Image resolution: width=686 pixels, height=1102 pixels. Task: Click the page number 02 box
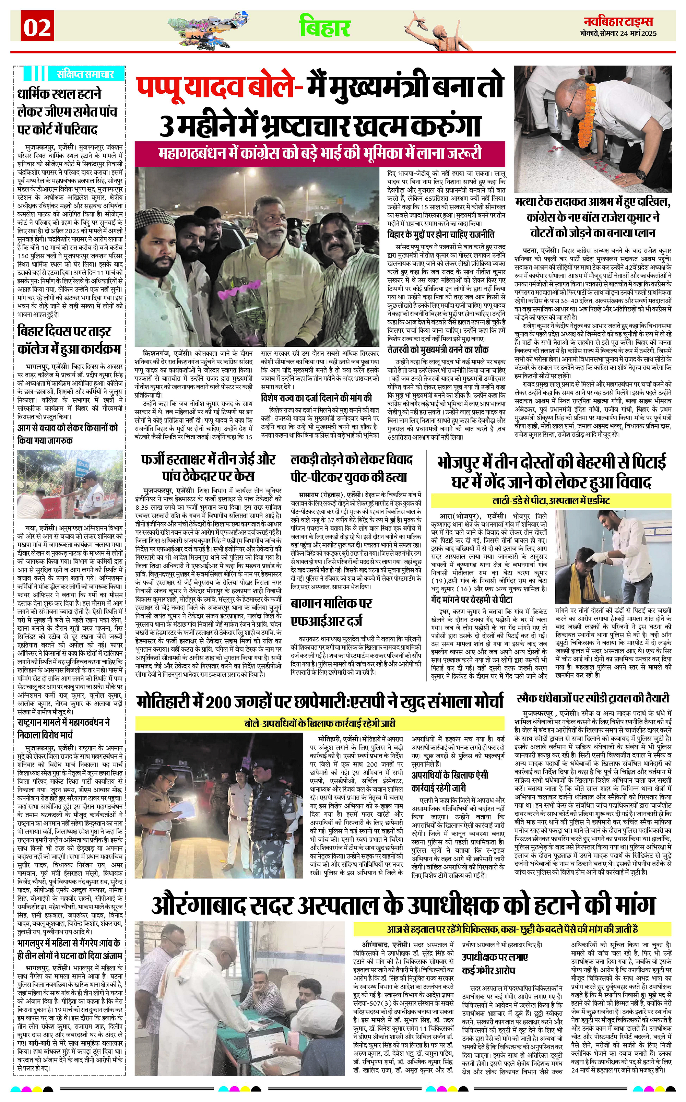click(37, 28)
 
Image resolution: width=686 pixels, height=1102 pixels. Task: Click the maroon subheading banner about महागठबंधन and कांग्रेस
click(320, 153)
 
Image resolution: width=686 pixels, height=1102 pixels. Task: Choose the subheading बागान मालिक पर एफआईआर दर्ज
click(331, 613)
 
